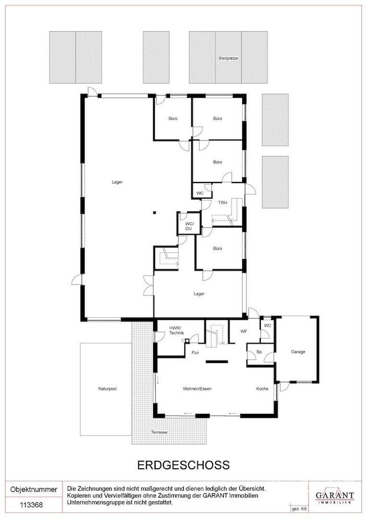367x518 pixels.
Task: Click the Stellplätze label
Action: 228,58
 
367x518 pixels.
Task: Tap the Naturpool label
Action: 107,389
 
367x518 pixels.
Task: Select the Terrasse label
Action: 159,432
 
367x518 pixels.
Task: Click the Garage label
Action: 298,352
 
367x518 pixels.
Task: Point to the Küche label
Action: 262,389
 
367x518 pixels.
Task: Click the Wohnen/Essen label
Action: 197,389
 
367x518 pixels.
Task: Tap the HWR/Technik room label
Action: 176,330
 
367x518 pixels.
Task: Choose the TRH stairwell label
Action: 222,203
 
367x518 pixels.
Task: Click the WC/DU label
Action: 188,226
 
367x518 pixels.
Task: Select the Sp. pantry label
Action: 259,352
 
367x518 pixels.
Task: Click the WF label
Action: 244,331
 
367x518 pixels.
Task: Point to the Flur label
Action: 195,353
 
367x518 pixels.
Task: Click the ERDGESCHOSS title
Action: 183,465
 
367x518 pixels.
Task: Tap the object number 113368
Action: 31,505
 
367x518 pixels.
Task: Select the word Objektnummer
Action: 34,489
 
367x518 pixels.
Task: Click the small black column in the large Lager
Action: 154,213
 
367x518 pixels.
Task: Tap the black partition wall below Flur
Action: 217,362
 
